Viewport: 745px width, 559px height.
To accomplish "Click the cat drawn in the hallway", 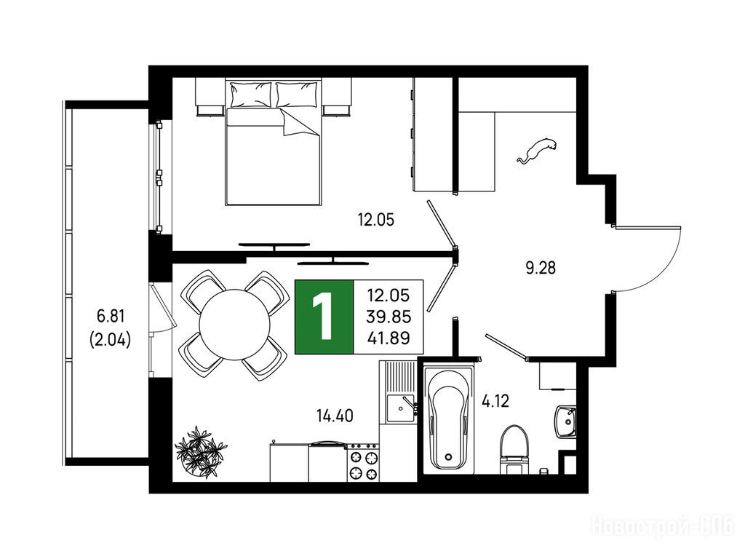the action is tap(537, 150).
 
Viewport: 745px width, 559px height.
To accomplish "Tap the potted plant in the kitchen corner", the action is tap(201, 452).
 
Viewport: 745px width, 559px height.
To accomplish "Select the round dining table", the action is tap(235, 325).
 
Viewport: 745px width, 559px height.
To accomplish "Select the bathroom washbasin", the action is tap(565, 421).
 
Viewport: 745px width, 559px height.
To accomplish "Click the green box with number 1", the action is tap(324, 317).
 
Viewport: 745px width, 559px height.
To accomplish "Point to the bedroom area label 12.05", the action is tap(376, 220).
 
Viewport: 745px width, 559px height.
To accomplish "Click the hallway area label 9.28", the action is tap(541, 268).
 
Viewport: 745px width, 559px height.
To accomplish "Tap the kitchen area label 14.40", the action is tap(335, 416).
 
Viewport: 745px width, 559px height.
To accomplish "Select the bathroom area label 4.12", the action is tap(495, 401).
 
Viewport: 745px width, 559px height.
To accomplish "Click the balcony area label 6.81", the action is tap(110, 315).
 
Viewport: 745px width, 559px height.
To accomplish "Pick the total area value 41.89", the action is tap(389, 338).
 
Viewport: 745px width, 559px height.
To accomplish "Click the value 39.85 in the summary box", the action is tap(389, 317).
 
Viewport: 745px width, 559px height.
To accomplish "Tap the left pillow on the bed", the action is tap(251, 95).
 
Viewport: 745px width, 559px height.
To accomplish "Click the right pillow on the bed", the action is tap(297, 95).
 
